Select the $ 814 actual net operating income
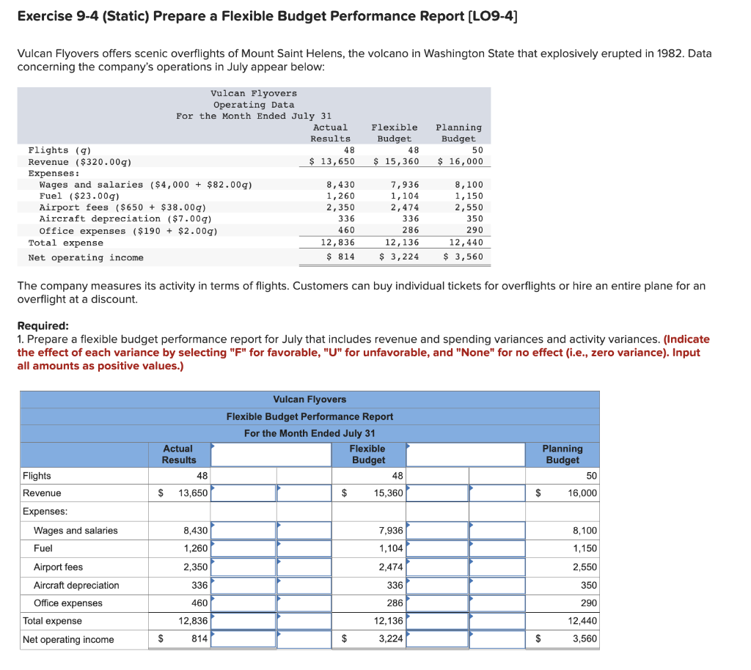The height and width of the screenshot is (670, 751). tap(340, 257)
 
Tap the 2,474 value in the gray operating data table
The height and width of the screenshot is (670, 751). tap(406, 207)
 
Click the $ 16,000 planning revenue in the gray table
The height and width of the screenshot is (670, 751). tap(461, 161)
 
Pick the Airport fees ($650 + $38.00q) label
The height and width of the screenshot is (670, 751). tap(122, 207)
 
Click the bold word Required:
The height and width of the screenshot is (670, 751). tap(43, 326)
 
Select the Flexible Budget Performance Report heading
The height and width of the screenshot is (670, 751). tap(309, 416)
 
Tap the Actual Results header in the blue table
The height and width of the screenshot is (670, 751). tap(178, 454)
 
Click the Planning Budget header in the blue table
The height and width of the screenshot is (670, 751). tap(562, 454)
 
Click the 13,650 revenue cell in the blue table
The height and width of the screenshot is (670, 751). tap(193, 493)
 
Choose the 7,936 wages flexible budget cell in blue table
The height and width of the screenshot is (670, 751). tap(391, 531)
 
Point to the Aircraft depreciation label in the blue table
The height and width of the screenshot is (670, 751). tap(76, 585)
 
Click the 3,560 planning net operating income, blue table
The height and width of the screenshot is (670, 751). tap(585, 639)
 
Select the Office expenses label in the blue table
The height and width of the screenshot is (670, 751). tap(68, 603)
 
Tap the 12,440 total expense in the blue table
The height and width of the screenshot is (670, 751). tap(582, 621)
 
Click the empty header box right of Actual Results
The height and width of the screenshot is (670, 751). tap(271, 454)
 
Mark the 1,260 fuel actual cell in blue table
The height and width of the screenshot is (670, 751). tap(195, 548)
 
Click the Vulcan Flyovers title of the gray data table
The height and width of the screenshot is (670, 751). tap(254, 94)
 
